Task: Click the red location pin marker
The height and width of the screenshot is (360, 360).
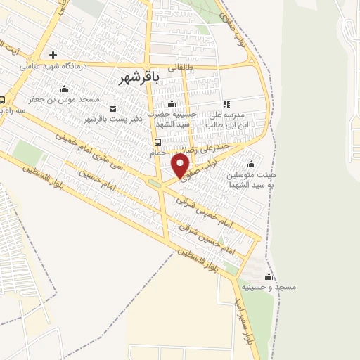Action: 181,165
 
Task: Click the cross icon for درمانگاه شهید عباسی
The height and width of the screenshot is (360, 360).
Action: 53,55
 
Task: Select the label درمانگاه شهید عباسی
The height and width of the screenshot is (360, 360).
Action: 53,66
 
